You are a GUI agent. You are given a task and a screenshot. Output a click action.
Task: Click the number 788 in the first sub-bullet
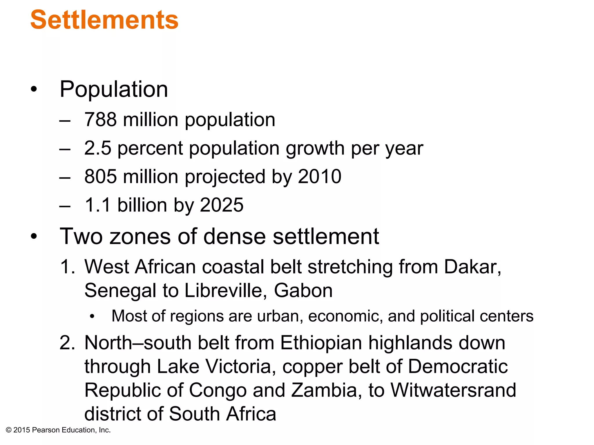point(100,120)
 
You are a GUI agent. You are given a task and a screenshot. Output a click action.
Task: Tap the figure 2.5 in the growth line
point(98,148)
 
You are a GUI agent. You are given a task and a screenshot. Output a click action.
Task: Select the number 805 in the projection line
point(100,176)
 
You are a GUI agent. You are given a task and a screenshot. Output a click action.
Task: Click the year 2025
point(222,205)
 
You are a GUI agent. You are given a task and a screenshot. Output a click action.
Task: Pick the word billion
point(142,205)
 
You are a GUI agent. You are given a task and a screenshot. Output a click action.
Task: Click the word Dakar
point(472,267)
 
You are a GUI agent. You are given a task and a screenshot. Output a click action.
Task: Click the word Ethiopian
point(321,343)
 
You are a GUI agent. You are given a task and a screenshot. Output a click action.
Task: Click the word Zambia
point(326,390)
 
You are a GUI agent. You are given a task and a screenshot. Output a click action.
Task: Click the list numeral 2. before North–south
point(67,343)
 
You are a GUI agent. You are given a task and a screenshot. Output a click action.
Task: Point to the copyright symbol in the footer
point(8,430)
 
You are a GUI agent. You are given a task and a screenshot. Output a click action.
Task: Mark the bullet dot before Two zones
point(34,236)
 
